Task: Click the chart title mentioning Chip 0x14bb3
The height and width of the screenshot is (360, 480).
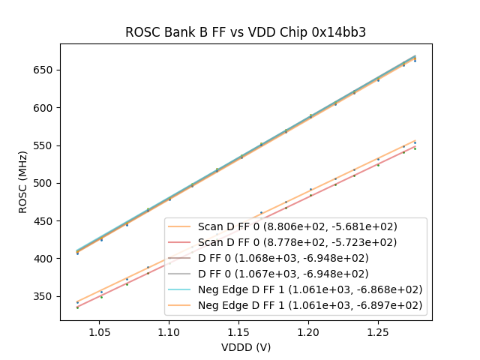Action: coord(245,32)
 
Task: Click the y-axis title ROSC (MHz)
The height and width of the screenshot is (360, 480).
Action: coord(25,182)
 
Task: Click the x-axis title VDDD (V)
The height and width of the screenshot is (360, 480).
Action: coord(245,347)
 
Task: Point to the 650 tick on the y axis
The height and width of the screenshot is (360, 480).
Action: coord(46,70)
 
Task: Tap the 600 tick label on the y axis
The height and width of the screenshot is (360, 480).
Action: coord(46,108)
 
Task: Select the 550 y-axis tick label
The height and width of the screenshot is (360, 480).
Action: coord(46,145)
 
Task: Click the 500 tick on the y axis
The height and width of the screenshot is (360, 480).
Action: coord(46,183)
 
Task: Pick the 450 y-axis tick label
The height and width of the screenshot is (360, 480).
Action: coord(46,221)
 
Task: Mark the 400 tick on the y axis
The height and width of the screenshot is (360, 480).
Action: coord(46,259)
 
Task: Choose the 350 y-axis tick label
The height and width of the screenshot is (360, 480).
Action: coord(46,296)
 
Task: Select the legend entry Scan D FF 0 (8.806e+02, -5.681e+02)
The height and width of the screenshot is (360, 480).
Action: coord(297,226)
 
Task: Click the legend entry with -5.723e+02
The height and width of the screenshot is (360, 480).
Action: coord(297,242)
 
